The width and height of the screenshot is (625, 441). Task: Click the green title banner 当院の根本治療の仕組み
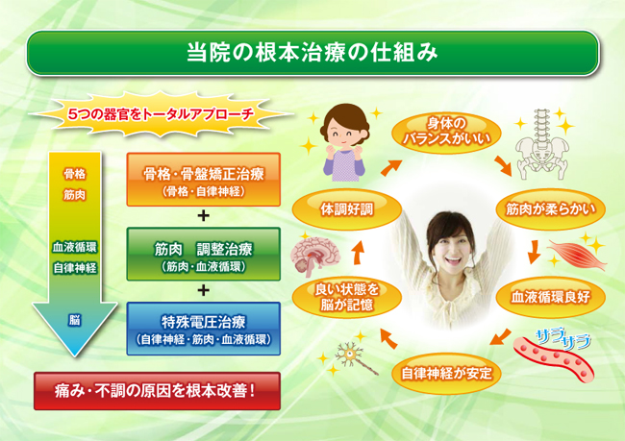[x=312, y=53]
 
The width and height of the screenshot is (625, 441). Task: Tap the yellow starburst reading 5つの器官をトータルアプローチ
[x=161, y=114]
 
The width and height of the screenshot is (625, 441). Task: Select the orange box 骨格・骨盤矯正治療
[x=203, y=180]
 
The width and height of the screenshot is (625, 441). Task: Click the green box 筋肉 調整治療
[x=203, y=255]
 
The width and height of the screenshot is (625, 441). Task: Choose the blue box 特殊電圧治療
[x=203, y=329]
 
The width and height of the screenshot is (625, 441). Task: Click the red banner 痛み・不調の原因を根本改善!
[x=157, y=391]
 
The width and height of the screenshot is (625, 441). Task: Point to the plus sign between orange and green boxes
[x=203, y=216]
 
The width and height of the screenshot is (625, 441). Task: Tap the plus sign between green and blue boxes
[x=203, y=290]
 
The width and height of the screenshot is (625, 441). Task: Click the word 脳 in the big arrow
[x=75, y=320]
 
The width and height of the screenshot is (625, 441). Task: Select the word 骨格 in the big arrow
[x=75, y=174]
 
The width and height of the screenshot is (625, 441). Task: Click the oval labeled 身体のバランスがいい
[x=446, y=132]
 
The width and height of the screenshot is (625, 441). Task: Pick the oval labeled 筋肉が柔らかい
[x=550, y=209]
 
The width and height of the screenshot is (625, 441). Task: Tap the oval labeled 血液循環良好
[x=550, y=297]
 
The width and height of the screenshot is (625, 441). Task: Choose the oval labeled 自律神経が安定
[x=446, y=374]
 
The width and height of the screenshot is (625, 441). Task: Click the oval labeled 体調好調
[x=347, y=209]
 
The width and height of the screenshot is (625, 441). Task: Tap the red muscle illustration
[x=577, y=254]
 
